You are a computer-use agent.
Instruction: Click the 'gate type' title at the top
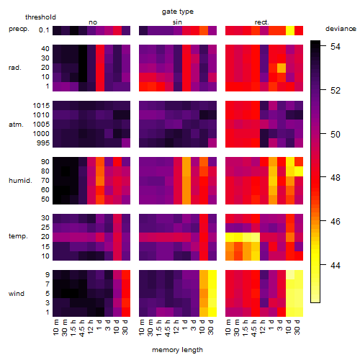tap(178, 12)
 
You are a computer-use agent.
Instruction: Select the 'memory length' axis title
tap(177, 350)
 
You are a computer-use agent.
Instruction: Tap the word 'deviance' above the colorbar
tap(341, 29)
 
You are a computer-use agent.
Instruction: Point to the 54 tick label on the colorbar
tap(336, 46)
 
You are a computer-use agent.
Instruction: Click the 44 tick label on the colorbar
tap(336, 265)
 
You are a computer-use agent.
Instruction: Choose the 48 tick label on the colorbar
tap(336, 178)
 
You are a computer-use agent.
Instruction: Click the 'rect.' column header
tap(262, 22)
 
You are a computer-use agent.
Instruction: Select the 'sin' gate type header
tap(177, 22)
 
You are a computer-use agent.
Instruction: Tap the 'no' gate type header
tap(93, 22)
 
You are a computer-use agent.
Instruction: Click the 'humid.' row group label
tap(20, 181)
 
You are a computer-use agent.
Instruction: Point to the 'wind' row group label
tap(17, 294)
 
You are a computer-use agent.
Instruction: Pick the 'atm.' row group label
tap(16, 125)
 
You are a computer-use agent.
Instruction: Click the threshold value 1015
tap(41, 106)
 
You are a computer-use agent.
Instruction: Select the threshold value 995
tap(43, 143)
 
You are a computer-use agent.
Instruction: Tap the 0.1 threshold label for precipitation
tap(44, 30)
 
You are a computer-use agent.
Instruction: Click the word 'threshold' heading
tap(40, 17)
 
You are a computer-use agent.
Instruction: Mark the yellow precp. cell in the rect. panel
tap(290, 30)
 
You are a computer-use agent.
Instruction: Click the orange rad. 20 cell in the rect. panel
tap(282, 68)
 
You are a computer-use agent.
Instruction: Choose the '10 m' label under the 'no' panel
tap(56, 327)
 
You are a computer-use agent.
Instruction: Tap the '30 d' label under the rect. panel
tap(297, 327)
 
